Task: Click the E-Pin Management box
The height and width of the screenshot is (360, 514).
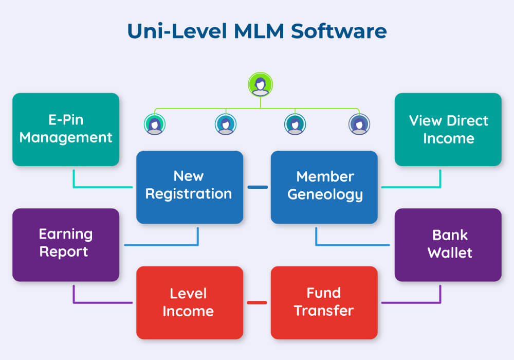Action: (66, 130)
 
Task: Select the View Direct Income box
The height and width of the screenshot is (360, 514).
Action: (448, 130)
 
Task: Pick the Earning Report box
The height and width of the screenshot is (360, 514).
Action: (66, 245)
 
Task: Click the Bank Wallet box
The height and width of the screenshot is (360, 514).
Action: (448, 245)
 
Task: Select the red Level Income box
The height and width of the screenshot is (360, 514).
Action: (189, 302)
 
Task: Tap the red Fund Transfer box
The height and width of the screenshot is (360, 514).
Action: (324, 302)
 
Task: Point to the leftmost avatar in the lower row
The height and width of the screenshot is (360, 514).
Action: (154, 124)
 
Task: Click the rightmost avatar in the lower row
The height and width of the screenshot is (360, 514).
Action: (359, 124)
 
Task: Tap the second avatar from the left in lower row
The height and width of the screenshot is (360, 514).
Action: (225, 124)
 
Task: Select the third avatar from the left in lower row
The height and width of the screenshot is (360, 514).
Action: (295, 124)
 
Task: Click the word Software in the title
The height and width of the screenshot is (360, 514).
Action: (339, 31)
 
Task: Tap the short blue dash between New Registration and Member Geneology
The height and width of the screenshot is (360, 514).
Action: (257, 187)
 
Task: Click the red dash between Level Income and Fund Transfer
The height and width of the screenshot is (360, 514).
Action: (257, 302)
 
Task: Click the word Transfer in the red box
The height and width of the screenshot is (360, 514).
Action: (324, 311)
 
